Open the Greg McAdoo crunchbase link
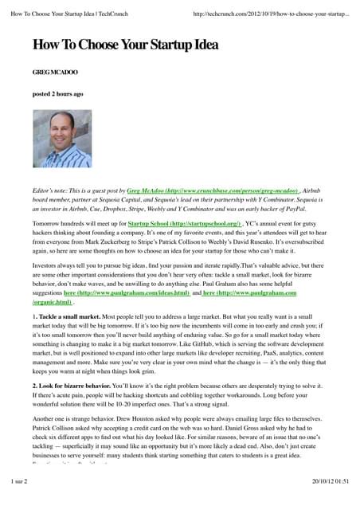pos(213,193)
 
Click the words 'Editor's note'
pos(52,193)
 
